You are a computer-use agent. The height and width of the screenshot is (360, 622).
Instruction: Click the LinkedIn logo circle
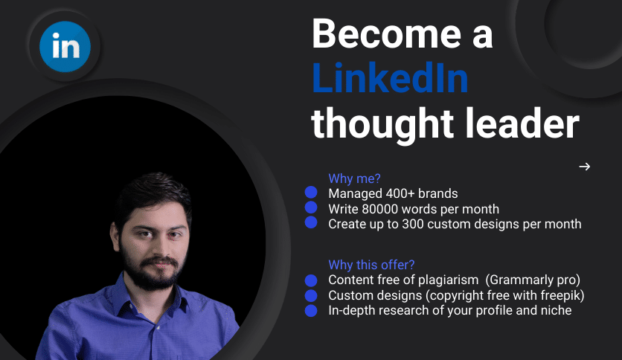65,46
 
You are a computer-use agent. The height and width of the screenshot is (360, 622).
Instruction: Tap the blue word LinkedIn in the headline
391,79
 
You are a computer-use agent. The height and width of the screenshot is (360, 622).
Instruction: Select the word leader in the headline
522,123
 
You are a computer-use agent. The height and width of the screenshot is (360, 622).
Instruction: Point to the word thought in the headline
382,126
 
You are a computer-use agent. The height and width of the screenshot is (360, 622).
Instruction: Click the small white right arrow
584,167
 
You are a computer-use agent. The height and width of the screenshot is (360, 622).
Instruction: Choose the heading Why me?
354,179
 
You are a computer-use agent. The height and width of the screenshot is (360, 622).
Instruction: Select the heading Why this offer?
371,265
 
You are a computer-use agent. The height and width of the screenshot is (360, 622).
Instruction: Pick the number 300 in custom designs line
412,224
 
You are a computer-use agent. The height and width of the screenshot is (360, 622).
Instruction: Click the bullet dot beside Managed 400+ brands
311,193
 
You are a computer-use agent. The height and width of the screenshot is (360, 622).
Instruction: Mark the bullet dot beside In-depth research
311,310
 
